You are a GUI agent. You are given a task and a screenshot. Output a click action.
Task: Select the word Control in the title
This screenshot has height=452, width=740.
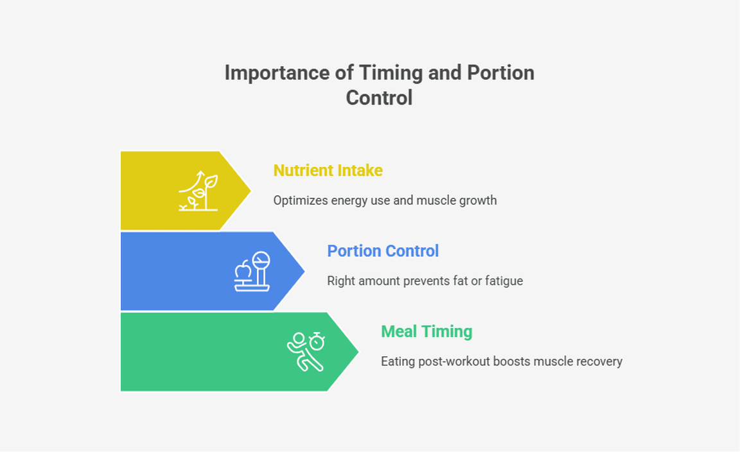[379, 98]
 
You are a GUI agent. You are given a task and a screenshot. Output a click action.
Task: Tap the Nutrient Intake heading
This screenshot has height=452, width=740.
[328, 170]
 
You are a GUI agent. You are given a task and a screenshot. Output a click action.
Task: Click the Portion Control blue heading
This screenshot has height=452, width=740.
[383, 250]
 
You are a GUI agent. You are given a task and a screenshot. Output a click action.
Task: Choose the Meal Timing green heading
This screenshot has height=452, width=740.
[427, 331]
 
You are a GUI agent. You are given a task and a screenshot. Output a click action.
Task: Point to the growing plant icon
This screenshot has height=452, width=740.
[198, 191]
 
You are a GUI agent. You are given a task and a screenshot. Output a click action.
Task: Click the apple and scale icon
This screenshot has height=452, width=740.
[252, 272]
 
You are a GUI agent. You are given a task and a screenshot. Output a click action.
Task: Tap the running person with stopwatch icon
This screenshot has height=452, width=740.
[306, 351]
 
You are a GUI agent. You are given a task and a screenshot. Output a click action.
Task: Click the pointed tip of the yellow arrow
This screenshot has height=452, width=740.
[249, 191]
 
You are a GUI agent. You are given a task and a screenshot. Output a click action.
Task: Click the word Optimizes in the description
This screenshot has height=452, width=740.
[300, 200]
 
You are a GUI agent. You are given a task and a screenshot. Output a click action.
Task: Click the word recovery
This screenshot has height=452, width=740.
[599, 361]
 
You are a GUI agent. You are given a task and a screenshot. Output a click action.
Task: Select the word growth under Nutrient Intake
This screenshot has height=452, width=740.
[478, 200]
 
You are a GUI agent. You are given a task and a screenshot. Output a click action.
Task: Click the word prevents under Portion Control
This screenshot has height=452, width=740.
[426, 281]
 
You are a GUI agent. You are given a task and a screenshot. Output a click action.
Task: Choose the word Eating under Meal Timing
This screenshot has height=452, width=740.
[398, 361]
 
